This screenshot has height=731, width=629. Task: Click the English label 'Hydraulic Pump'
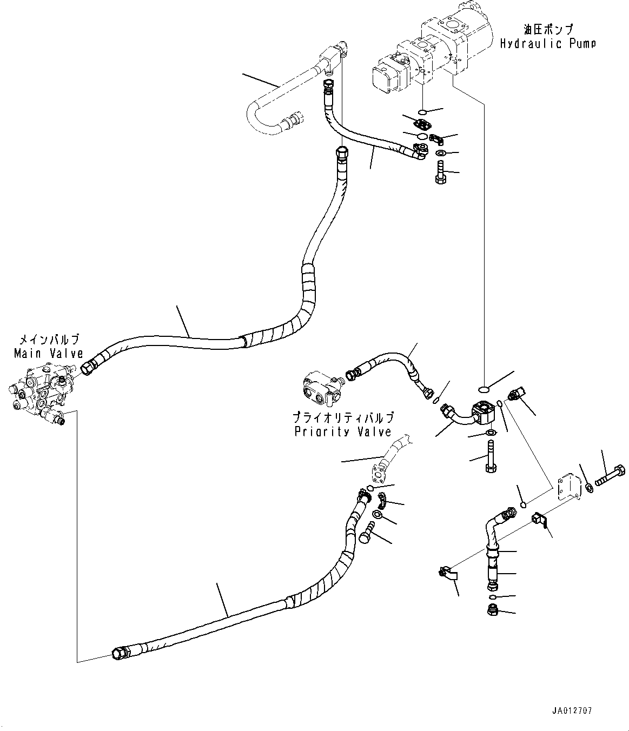547,44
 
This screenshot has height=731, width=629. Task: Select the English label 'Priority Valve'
343,431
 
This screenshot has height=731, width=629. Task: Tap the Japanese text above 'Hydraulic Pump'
547,29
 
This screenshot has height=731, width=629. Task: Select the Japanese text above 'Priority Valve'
343,417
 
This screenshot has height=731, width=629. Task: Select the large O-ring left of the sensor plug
485,388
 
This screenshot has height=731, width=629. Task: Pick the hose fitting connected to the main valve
89,368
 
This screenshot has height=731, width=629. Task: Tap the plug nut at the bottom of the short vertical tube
492,611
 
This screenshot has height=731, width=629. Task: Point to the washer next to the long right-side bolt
589,488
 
